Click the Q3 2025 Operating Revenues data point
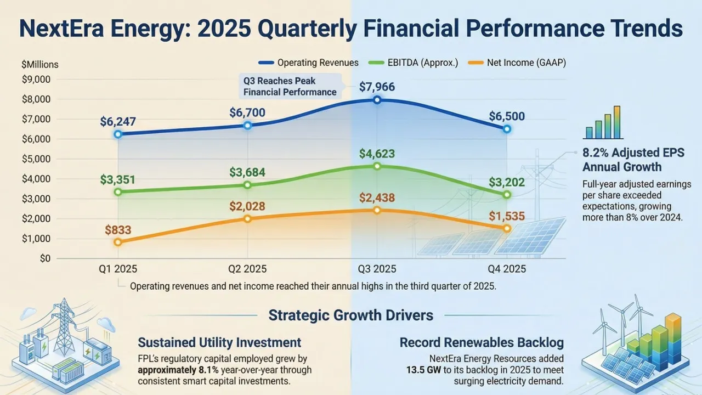[x=377, y=100]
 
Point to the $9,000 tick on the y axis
[x=36, y=80]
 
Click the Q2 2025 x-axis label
[x=247, y=269]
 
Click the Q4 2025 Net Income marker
[x=507, y=228]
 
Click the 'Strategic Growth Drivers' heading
[x=351, y=315]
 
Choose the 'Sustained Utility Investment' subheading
[x=219, y=343]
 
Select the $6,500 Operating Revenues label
[x=507, y=116]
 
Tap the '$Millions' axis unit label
[x=39, y=64]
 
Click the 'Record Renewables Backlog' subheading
[x=482, y=343]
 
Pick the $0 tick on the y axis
[x=45, y=258]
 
